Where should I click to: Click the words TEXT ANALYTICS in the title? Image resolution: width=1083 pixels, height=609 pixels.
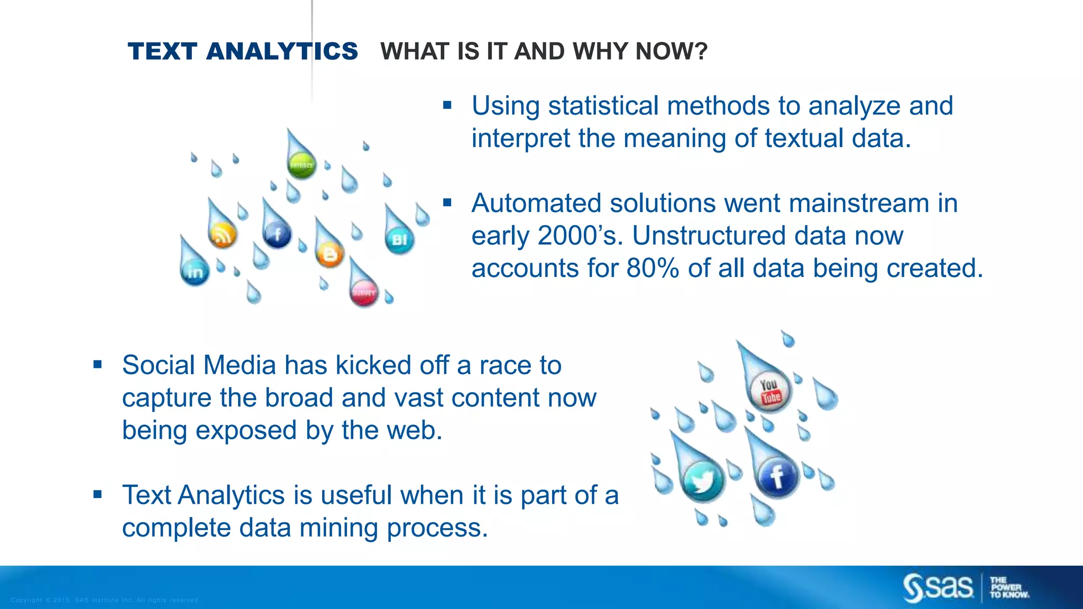[x=242, y=51]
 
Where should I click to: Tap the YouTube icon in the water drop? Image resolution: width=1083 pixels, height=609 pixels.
[x=770, y=392]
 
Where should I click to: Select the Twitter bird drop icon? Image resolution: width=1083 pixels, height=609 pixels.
[x=702, y=481]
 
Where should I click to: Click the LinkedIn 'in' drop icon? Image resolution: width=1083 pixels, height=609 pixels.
[x=195, y=271]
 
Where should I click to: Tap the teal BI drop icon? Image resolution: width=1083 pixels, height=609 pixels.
[x=399, y=239]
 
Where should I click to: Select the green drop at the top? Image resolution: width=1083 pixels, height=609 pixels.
[x=301, y=164]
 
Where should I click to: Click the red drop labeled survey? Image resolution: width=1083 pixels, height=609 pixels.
[x=364, y=292]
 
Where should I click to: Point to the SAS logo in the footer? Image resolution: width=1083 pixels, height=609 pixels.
[x=938, y=587]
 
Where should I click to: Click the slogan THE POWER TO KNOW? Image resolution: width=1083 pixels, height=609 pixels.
[x=1009, y=587]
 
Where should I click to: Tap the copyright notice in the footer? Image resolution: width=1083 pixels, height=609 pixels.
[x=104, y=600]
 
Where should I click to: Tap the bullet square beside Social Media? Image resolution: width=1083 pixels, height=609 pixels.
[x=97, y=364]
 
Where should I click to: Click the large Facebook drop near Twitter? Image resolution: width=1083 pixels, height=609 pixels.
[x=777, y=476]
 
